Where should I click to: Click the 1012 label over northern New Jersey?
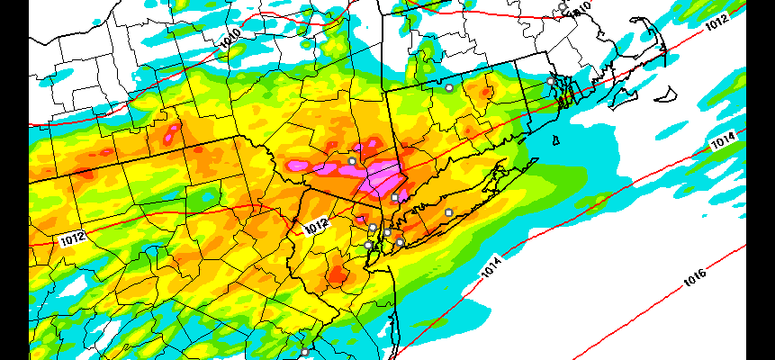coord(316,225)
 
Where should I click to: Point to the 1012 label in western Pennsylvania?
coord(74,238)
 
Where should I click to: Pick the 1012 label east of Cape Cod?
coord(716,23)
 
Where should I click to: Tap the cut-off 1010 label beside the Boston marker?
coord(581,7)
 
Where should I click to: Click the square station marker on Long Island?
coord(448,212)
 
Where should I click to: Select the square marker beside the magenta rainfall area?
coord(394,197)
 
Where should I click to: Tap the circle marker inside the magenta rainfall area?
coord(352,161)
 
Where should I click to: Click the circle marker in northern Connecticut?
coord(449,88)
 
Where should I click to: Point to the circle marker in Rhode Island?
coord(550,81)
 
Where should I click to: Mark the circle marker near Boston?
coord(563,7)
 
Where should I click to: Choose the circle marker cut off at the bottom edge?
coord(304,352)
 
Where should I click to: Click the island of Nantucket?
coord(668,93)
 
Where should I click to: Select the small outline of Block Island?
coord(555,139)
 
